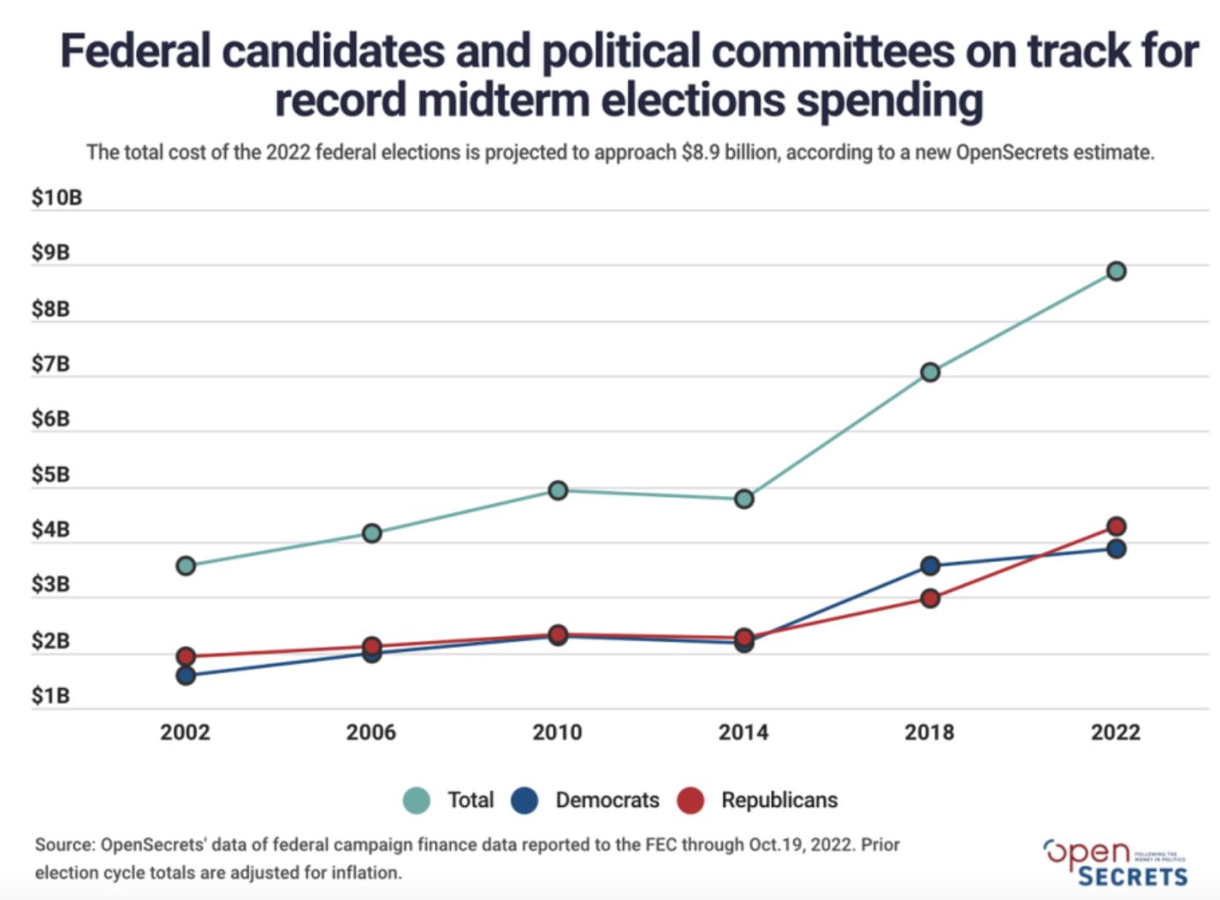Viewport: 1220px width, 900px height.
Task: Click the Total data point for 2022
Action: pyautogui.click(x=1116, y=271)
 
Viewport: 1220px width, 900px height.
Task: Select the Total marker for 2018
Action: pyautogui.click(x=930, y=372)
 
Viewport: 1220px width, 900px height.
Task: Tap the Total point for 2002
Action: pyautogui.click(x=186, y=565)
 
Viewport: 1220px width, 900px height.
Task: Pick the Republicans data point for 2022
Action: pyautogui.click(x=1116, y=526)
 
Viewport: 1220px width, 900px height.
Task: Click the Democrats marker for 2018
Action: pyautogui.click(x=930, y=565)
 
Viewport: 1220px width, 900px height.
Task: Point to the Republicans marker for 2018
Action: pyautogui.click(x=930, y=598)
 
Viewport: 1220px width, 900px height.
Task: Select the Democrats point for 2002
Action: pyautogui.click(x=186, y=676)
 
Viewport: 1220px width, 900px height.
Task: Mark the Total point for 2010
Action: pyautogui.click(x=558, y=490)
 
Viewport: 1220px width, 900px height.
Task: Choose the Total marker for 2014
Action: pyautogui.click(x=744, y=499)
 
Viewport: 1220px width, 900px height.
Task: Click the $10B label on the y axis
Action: pyautogui.click(x=56, y=198)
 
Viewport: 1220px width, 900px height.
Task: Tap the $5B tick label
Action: pyautogui.click(x=50, y=475)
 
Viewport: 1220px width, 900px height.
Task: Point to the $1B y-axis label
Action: pyautogui.click(x=50, y=696)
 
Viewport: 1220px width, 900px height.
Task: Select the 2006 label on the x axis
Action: pyautogui.click(x=371, y=732)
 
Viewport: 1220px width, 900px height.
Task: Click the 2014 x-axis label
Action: pyautogui.click(x=743, y=732)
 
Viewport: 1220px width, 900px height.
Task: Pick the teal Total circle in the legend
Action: pyautogui.click(x=417, y=801)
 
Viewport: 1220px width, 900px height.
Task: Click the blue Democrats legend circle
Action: pyautogui.click(x=524, y=801)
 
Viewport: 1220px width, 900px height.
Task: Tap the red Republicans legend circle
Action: pyautogui.click(x=690, y=801)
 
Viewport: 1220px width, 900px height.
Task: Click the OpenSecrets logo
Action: pyautogui.click(x=1116, y=862)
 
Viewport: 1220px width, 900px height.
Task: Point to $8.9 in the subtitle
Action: pyautogui.click(x=700, y=152)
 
